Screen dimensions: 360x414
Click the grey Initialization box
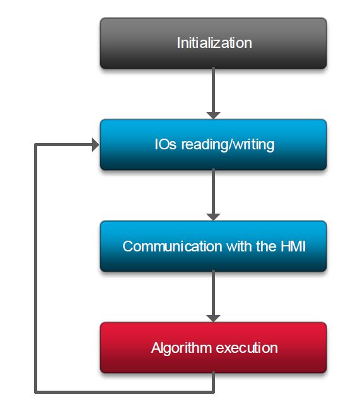pos(213,43)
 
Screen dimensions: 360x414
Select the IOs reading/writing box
pos(213,144)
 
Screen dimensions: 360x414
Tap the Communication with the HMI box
pos(213,246)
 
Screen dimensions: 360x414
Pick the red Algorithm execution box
pos(213,347)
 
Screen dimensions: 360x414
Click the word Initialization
pos(214,43)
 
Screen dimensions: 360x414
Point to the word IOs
pos(165,144)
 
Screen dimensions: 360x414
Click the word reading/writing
pos(228,145)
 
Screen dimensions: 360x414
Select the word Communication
pos(172,246)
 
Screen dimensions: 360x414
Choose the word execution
pos(247,348)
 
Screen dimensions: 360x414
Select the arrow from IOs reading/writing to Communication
pos(213,195)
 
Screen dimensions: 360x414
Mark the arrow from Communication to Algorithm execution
pos(213,296)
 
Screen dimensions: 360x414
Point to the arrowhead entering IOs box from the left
pos(95,145)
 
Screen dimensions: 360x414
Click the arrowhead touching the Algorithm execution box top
pos(213,318)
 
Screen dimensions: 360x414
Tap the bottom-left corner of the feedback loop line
pos(36,392)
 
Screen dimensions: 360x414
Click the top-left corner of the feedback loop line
pos(36,144)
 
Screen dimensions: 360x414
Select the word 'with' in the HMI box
pos(239,246)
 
